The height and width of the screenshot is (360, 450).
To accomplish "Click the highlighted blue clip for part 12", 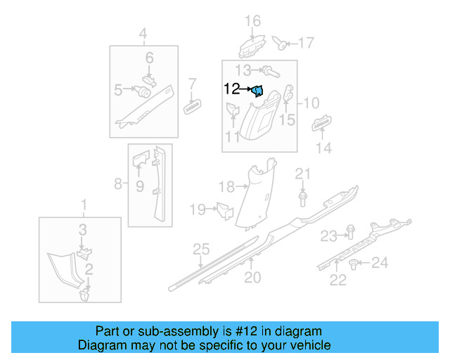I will coord(258,90).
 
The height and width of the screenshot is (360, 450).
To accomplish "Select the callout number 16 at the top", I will coord(252,20).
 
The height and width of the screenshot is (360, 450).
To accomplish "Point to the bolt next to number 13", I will coord(270,70).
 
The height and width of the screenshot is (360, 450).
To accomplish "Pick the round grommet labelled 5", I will coord(144,91).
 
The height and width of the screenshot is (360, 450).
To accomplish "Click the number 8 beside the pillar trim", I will coord(118,184).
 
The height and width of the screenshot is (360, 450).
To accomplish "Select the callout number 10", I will coord(311,103).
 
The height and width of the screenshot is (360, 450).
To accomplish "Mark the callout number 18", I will coord(226,186).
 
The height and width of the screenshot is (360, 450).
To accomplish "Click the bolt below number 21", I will coord(302,199).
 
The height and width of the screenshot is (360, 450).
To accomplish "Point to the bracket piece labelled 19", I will coord(224,209).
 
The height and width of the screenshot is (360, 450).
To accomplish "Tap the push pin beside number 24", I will coord(354,264).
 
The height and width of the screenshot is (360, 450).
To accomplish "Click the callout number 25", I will coord(202,248).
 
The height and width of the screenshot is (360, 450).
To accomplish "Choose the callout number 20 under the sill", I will coord(252,278).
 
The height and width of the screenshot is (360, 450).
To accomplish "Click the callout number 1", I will coord(84,205).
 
